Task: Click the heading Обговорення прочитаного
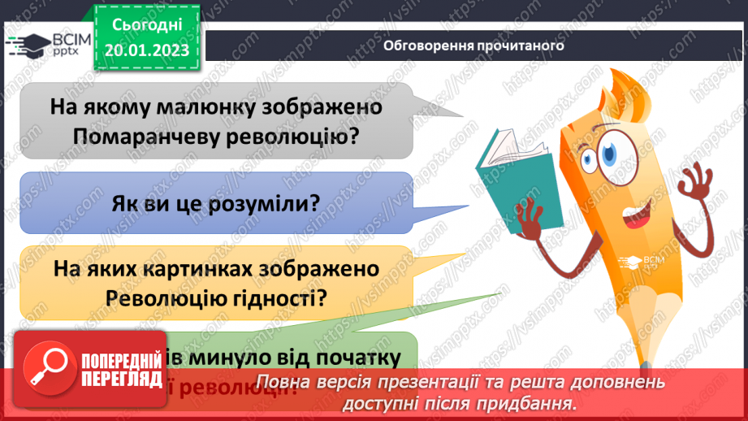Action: coord(473,46)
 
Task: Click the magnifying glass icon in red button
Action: coord(48,369)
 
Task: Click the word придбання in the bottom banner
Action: coord(532,403)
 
